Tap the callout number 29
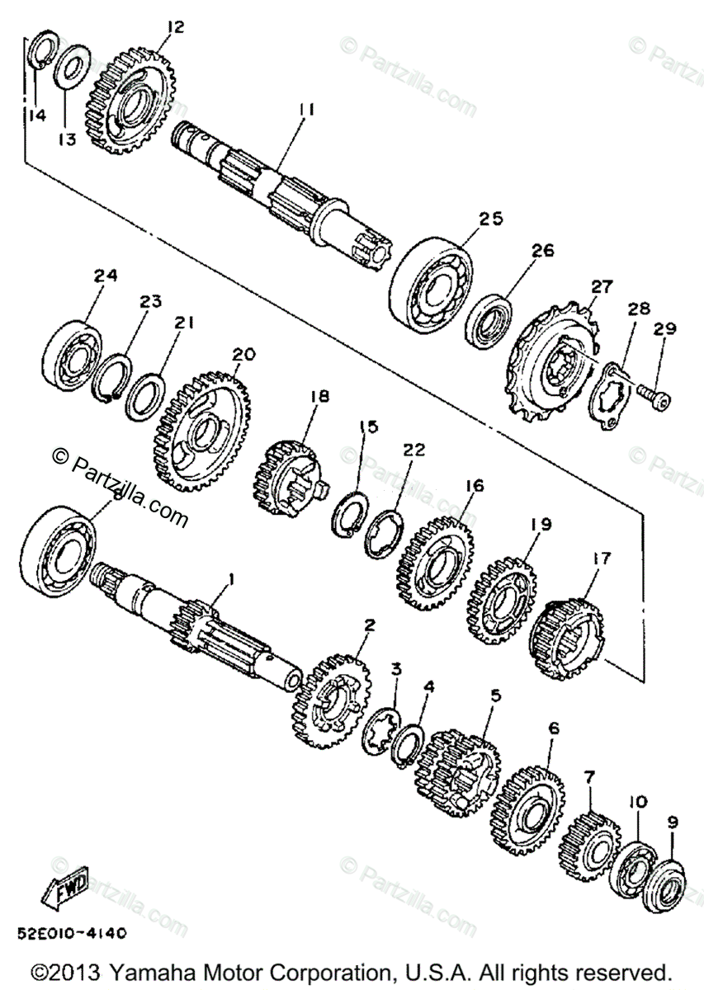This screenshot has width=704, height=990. [665, 330]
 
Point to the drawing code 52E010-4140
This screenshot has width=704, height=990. [70, 934]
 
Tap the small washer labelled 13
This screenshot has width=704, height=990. [73, 65]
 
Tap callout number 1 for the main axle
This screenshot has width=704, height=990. [230, 580]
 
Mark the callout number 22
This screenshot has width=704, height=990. [414, 450]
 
